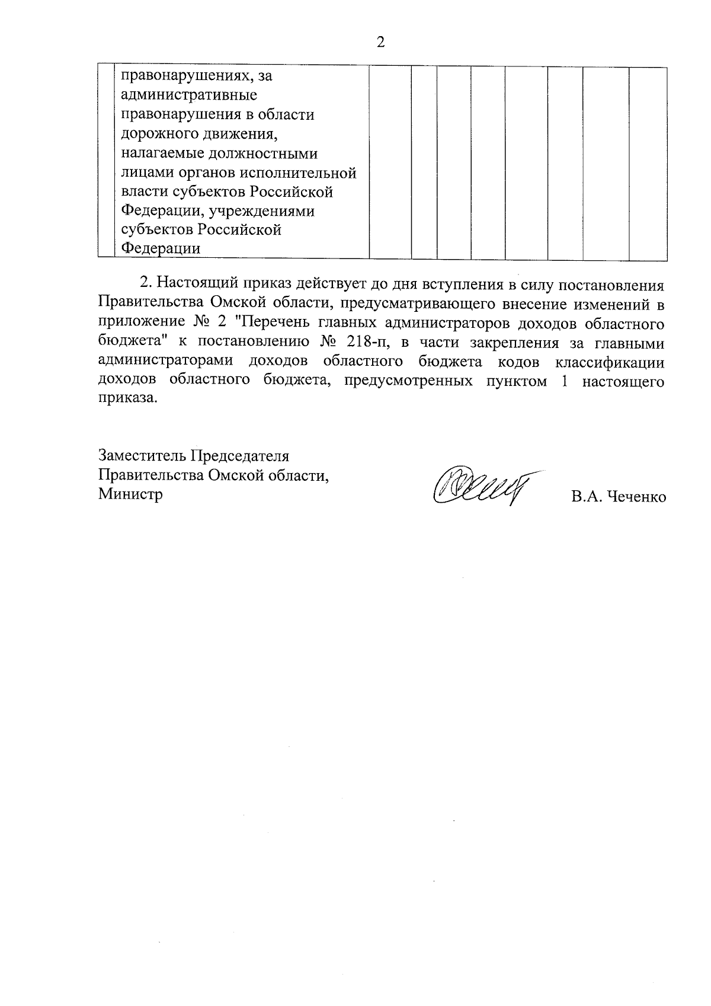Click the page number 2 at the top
tap(381, 42)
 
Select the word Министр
tap(130, 494)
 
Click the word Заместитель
tap(141, 456)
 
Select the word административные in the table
tap(188, 95)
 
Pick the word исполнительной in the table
tap(309, 173)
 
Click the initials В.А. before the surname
tap(584, 497)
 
